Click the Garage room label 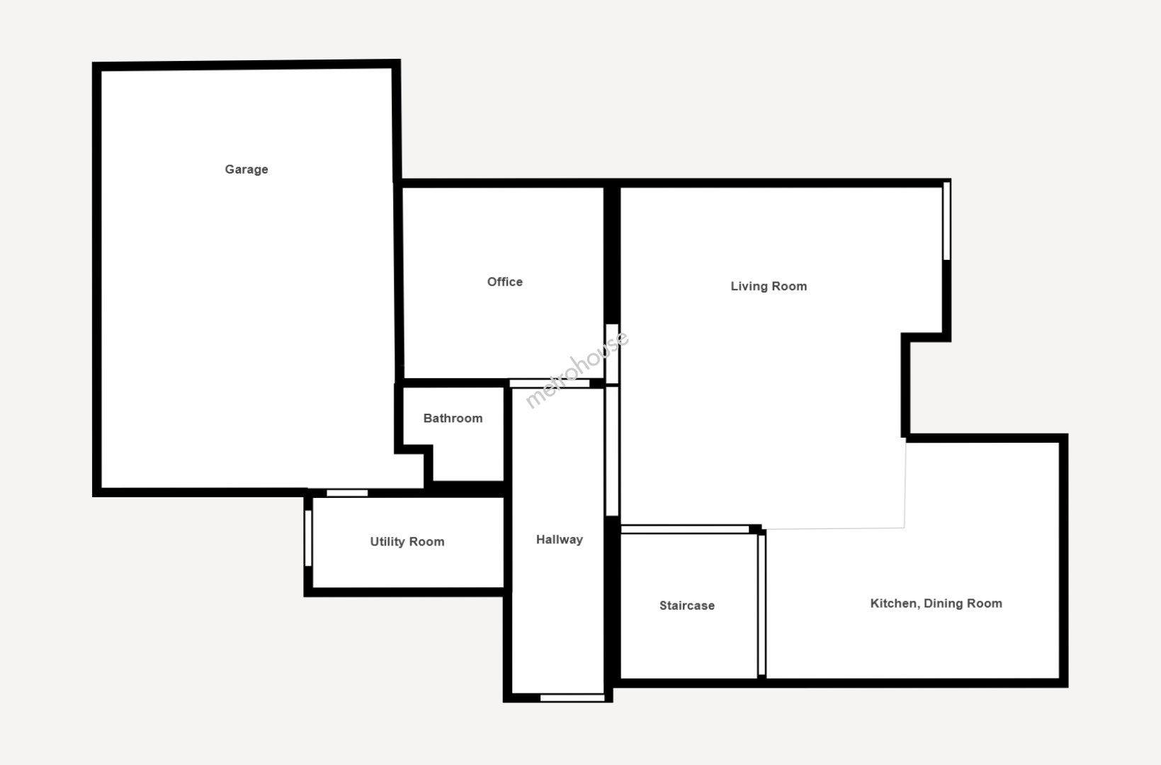247,169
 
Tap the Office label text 505,282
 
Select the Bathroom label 453,418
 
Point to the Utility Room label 407,542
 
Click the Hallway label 560,540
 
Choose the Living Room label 769,286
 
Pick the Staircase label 686,606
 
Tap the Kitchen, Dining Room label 936,603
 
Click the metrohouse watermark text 577,369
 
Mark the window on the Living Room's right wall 946,221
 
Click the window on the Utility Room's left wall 308,538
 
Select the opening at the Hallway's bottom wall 572,698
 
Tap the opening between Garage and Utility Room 347,493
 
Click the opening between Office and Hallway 550,383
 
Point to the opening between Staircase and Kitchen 762,606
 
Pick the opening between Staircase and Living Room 685,529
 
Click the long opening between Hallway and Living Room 612,451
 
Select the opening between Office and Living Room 612,353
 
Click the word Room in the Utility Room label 427,542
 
